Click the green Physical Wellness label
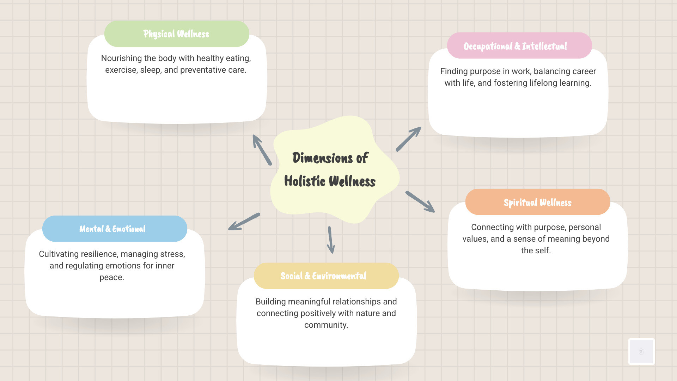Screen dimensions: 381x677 point(176,34)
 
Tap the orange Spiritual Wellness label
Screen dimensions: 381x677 point(537,202)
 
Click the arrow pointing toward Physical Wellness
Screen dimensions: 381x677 point(262,150)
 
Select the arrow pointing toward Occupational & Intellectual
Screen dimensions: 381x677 point(408,139)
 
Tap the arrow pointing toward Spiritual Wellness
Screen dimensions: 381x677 point(420,202)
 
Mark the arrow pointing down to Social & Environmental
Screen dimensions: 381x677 point(330,240)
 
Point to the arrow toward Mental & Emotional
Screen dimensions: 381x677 point(244,222)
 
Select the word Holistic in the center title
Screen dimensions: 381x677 point(305,181)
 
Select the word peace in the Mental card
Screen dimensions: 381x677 point(111,277)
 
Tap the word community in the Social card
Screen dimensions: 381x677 point(325,325)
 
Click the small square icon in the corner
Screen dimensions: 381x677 point(641,351)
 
